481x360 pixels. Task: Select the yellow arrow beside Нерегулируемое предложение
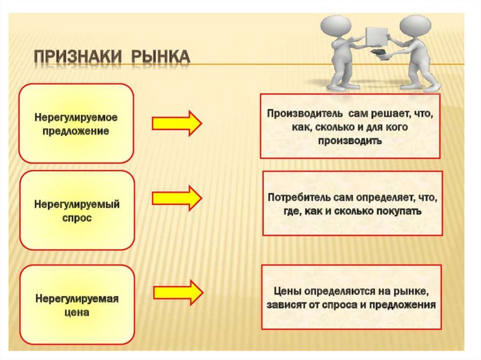(x=177, y=123)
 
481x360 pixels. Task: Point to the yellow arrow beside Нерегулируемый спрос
(x=177, y=197)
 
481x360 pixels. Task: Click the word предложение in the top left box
(x=76, y=131)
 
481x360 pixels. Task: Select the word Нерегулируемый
(x=77, y=205)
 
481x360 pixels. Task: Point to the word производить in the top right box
(x=350, y=141)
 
